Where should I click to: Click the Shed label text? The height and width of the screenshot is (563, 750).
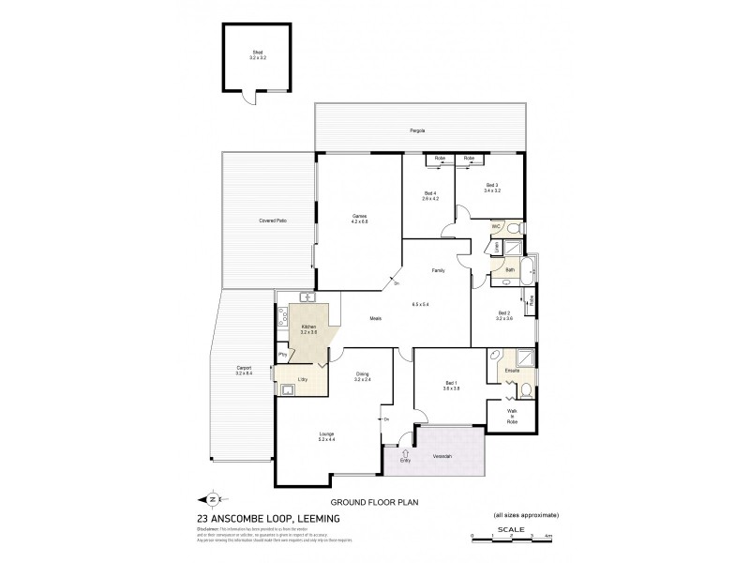click(258, 53)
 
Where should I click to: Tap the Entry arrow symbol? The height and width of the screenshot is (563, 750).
click(405, 452)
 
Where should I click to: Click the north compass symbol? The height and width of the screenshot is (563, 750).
click(215, 499)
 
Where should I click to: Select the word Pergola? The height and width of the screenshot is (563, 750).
click(417, 130)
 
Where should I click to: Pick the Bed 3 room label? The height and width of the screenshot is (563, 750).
click(492, 185)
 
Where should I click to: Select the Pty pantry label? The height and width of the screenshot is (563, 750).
click(281, 355)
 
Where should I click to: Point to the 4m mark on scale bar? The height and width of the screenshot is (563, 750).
click(547, 535)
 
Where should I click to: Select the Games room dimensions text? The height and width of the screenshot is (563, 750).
click(359, 221)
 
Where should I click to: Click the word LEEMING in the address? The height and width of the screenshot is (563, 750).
click(315, 518)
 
